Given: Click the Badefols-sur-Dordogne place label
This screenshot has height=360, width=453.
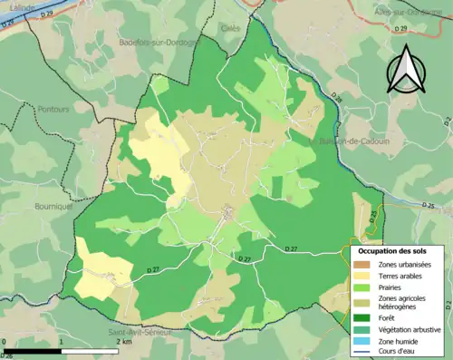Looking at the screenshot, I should [x=157, y=42].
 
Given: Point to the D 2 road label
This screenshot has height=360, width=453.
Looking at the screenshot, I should [x=448, y=119].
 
